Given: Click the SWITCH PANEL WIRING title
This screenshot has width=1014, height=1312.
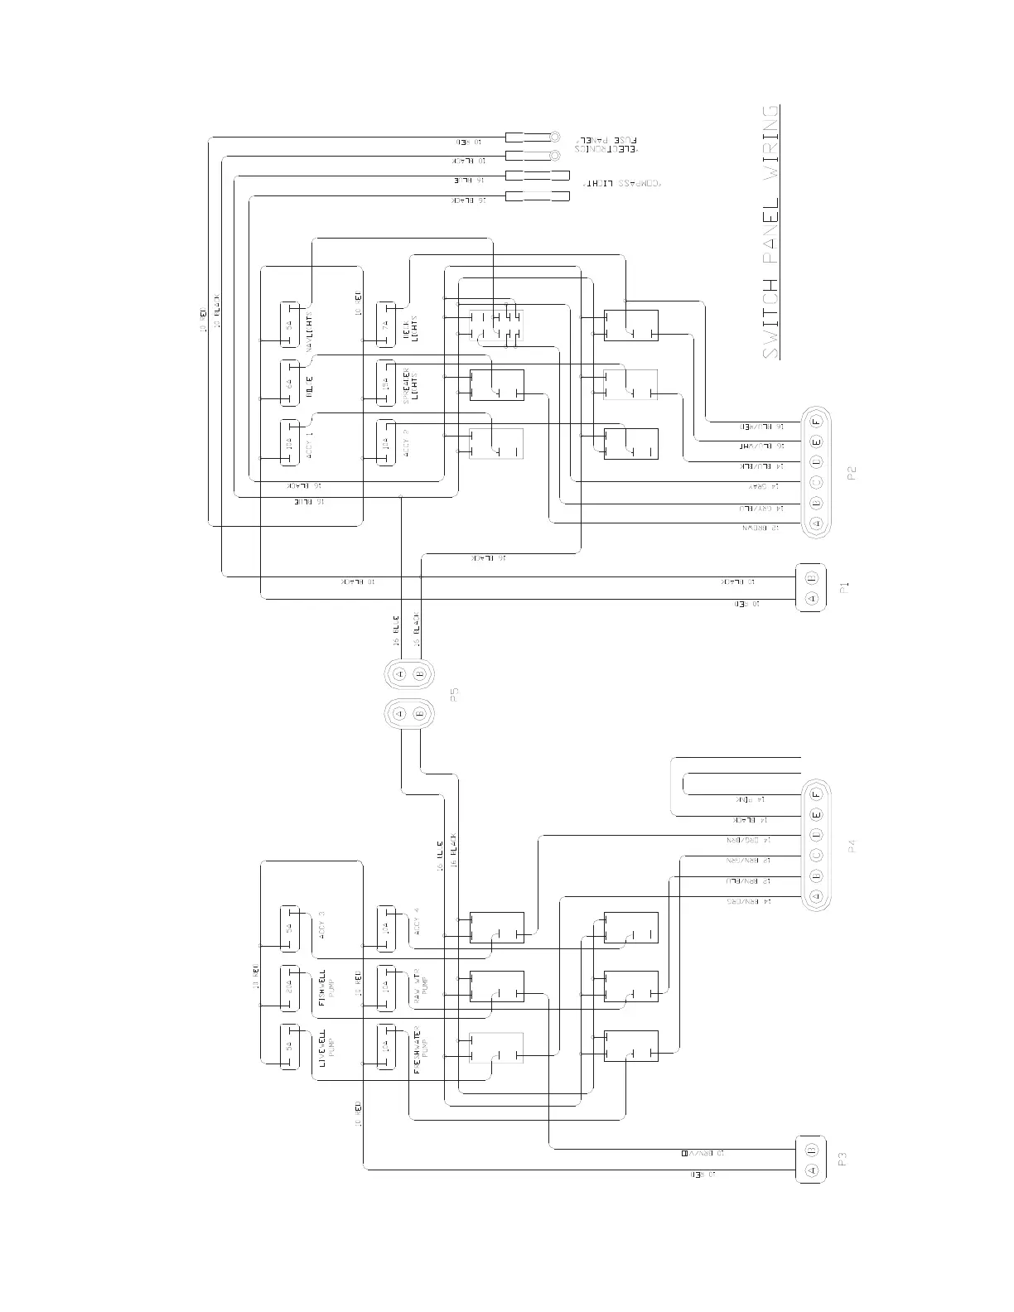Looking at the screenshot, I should point(770,232).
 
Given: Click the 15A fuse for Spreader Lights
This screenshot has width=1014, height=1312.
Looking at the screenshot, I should point(385,383).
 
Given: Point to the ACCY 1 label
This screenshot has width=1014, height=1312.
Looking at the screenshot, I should point(308,443).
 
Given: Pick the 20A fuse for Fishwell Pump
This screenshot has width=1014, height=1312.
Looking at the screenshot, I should point(289,988).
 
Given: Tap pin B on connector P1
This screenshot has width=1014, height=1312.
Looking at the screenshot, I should point(812,577).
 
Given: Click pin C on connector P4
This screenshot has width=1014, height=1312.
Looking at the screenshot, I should point(815,855).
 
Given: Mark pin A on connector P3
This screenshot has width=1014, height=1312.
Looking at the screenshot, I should point(812,1170).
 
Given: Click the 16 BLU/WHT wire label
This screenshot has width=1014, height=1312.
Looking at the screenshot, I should point(760,446).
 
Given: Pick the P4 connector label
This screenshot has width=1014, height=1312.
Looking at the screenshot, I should point(851,847).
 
